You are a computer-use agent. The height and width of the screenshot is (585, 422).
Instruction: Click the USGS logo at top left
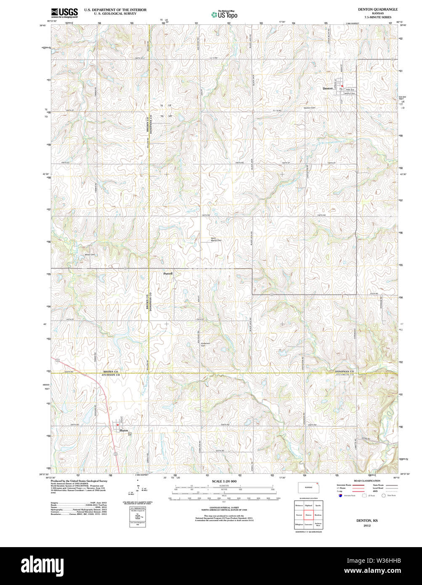(x=64, y=12)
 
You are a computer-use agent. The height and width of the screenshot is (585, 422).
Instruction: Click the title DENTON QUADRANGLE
(x=377, y=9)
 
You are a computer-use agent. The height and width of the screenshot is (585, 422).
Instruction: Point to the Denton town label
(x=327, y=88)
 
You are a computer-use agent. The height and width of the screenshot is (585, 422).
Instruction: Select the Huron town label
(x=124, y=431)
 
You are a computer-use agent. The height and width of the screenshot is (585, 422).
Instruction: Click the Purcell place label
(x=168, y=274)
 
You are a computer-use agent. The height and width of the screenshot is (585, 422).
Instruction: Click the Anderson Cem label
(x=205, y=344)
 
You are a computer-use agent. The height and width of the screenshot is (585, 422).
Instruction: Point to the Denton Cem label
(x=310, y=108)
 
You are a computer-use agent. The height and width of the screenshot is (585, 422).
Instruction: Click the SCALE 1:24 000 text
(x=224, y=481)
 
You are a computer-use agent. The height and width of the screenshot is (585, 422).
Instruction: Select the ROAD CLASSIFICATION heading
(x=367, y=481)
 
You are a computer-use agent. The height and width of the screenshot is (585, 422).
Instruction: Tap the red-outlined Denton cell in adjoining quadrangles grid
(x=308, y=515)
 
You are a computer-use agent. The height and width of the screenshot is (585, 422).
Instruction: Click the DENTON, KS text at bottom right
(x=367, y=521)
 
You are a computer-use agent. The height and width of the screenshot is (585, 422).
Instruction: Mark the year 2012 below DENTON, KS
(x=367, y=526)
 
